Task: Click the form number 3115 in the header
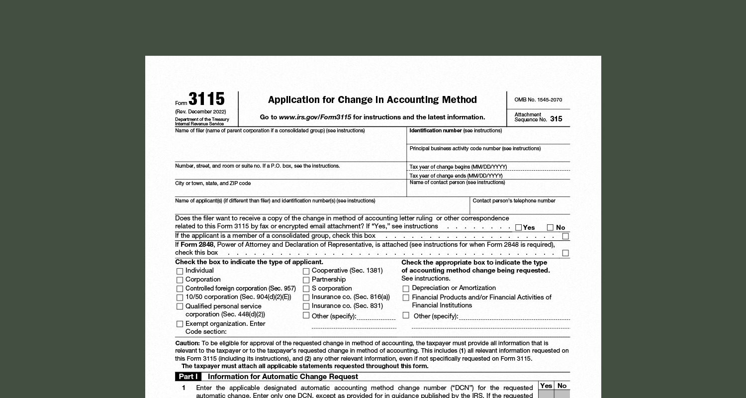point(206,99)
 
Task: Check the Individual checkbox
point(180,271)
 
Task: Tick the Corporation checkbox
point(180,280)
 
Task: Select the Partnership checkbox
point(306,280)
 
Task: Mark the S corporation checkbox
point(306,289)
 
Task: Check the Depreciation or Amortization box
point(406,289)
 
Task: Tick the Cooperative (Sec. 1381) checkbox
point(306,271)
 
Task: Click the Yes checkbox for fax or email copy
point(519,227)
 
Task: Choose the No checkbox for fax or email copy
point(550,227)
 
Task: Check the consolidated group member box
point(565,236)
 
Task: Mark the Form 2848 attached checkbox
point(565,253)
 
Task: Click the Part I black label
point(188,377)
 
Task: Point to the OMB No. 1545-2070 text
point(538,99)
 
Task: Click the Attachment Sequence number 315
point(556,119)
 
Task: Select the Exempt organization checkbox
point(180,324)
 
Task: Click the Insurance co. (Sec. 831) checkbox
point(306,306)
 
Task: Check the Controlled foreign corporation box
point(180,289)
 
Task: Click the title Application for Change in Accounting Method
point(372,99)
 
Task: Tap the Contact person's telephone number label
point(514,200)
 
